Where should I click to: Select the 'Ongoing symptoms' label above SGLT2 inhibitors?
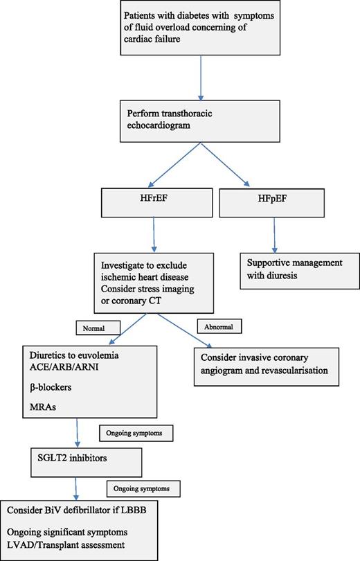(x=135, y=434)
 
